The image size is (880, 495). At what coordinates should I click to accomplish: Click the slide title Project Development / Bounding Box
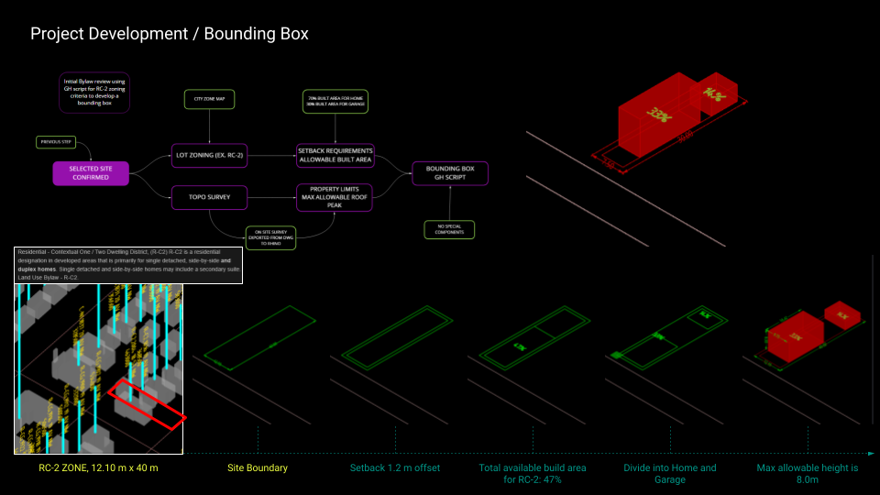[x=170, y=34]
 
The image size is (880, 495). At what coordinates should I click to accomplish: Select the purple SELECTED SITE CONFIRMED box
[x=91, y=172]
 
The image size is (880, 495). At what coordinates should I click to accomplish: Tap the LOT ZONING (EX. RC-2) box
[x=210, y=156]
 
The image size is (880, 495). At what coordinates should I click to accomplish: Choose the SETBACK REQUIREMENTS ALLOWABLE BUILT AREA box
[x=335, y=155]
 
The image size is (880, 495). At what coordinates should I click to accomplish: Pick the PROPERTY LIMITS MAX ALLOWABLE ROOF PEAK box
[x=335, y=196]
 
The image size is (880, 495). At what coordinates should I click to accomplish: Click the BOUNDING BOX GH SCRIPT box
[x=450, y=172]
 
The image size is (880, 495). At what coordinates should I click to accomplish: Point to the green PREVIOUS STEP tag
[x=56, y=142]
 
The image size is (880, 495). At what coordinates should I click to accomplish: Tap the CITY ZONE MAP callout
[x=210, y=99]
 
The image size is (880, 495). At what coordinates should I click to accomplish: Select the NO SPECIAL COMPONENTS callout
[x=449, y=229]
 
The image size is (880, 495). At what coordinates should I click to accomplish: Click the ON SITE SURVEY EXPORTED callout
[x=270, y=237]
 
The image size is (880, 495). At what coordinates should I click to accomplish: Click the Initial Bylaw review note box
[x=94, y=92]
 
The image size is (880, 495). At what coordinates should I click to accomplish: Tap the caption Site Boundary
[x=258, y=468]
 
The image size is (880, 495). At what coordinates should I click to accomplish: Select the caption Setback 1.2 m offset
[x=395, y=468]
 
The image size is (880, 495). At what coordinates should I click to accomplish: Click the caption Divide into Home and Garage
[x=670, y=473]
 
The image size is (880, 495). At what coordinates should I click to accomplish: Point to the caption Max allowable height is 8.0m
[x=808, y=473]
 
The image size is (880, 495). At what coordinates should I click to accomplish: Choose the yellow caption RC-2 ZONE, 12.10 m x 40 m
[x=99, y=468]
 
